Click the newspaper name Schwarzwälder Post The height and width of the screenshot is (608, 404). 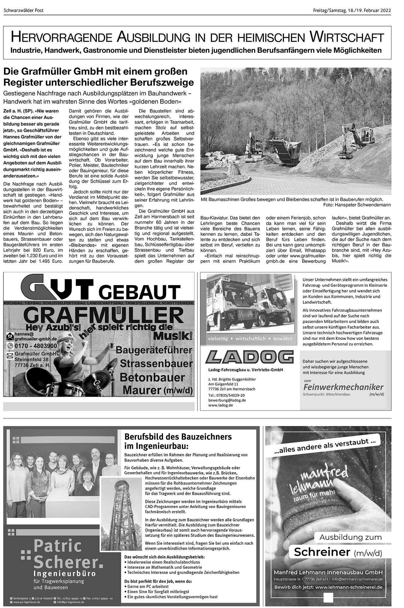click(x=24, y=10)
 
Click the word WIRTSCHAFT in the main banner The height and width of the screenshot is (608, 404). click(x=347, y=37)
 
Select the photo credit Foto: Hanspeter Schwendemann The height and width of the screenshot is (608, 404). click(x=357, y=205)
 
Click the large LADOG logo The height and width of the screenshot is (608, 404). click(x=249, y=357)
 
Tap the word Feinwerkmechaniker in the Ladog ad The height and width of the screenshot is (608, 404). click(x=343, y=387)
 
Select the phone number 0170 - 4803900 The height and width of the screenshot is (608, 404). click(x=36, y=346)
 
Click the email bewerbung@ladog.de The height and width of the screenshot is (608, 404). click(x=227, y=400)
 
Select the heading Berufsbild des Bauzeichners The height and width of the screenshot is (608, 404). click(x=178, y=437)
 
